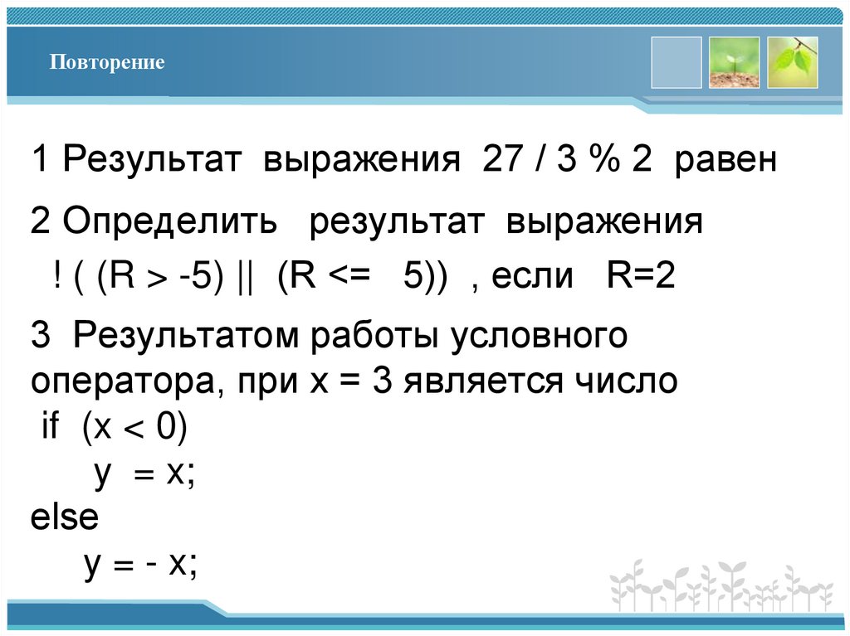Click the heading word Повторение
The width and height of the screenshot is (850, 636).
pos(106,62)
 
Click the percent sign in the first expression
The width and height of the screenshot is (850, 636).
pos(603,160)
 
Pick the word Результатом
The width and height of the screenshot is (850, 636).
pos(186,337)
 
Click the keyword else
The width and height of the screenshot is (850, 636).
pos(64,518)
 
